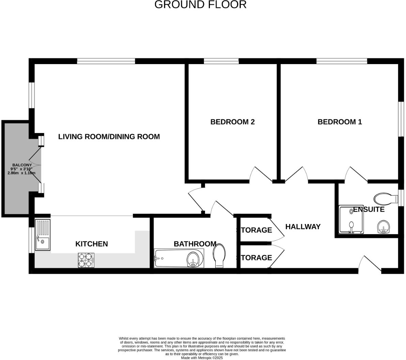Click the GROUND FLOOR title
[x=200, y=5]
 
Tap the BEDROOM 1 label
[x=339, y=122]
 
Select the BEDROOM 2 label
[x=232, y=122]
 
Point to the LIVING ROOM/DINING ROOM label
[x=109, y=137]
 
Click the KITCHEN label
[x=91, y=244]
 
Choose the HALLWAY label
[x=302, y=227]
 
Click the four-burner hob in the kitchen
[x=86, y=260]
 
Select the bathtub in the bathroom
[x=179, y=258]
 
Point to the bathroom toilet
[x=219, y=256]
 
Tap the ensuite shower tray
[x=351, y=220]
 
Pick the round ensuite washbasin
[x=384, y=227]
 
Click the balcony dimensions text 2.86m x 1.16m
[x=21, y=173]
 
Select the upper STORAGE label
[x=255, y=230]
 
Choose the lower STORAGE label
[x=255, y=258]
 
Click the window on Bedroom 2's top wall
[x=221, y=61]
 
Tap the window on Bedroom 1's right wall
[x=401, y=119]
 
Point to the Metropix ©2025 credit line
[x=202, y=358]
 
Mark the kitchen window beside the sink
[x=31, y=240]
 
